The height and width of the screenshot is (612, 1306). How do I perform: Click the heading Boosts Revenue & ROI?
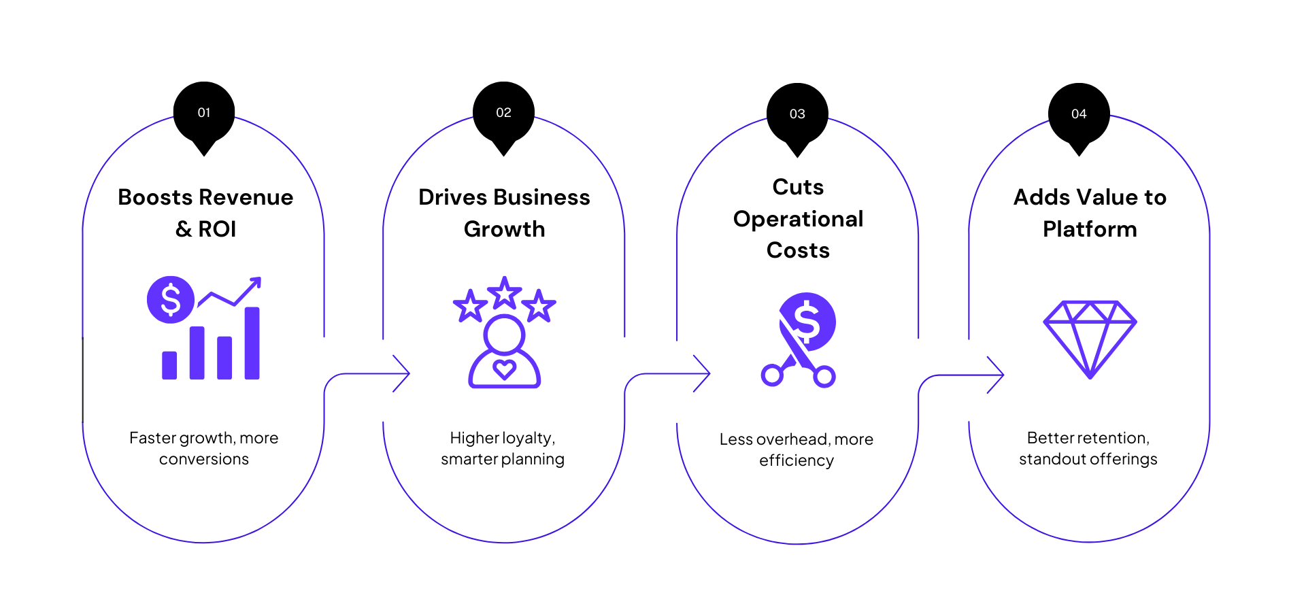[x=205, y=213]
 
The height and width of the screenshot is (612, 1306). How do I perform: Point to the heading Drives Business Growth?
[x=504, y=213]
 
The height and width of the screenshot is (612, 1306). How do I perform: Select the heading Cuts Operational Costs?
[x=798, y=218]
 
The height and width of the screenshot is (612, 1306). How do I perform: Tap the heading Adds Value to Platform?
[x=1090, y=213]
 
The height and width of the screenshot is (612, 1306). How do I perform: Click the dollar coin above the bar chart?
[x=171, y=300]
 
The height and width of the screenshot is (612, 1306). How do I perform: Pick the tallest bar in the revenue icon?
[x=252, y=343]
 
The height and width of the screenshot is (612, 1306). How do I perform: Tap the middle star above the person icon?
[x=504, y=293]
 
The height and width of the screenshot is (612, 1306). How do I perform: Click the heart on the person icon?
[x=504, y=369]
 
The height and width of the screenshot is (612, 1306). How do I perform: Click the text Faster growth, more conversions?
[x=204, y=448]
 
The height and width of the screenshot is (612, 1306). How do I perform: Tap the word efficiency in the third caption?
[x=797, y=461]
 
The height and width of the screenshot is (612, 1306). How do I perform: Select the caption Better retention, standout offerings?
[x=1088, y=448]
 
